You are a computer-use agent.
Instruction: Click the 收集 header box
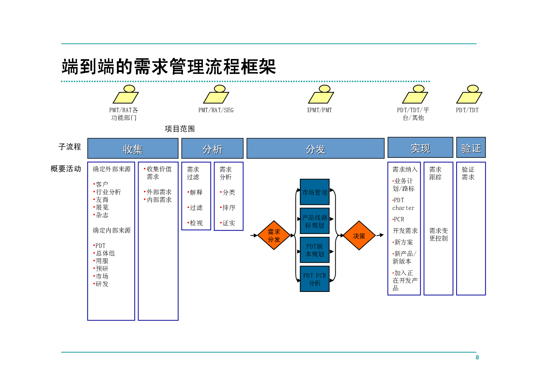pos(133,149)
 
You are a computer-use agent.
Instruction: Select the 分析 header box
pos(212,149)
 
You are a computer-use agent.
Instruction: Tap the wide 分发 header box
pos(315,149)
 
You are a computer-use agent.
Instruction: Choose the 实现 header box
pos(420,147)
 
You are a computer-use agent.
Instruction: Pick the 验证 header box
pos(471,147)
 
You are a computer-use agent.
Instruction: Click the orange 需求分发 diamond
pos(274,235)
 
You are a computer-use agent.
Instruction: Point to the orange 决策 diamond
pos(359,236)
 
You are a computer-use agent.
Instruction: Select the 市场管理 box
pos(315,192)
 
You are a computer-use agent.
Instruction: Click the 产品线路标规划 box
pos(315,221)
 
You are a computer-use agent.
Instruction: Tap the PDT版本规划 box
pos(315,250)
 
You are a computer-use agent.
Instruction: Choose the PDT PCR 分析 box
pos(315,279)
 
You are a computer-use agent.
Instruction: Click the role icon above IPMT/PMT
pos(321,94)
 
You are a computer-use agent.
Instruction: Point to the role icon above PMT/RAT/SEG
pos(216,94)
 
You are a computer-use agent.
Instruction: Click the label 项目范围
pos(180,129)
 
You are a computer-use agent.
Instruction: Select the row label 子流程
pos(70,147)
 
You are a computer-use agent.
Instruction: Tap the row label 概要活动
pos(66,169)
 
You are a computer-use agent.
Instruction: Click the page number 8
pos(477,357)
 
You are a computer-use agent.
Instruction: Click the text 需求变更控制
pos(439,234)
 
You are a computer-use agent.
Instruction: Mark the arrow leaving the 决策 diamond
pos(380,235)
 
